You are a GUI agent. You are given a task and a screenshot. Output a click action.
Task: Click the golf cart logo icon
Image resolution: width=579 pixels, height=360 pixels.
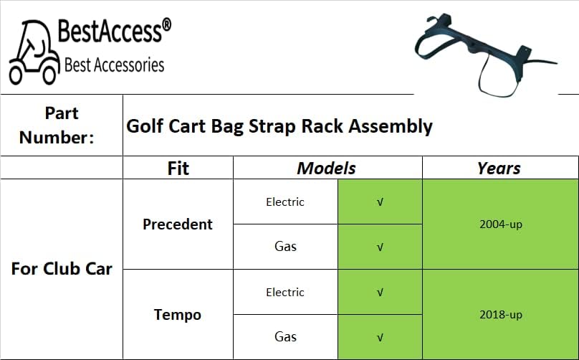coord(34,52)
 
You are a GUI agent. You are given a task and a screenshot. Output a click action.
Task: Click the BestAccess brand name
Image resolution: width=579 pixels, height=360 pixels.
coord(110,31)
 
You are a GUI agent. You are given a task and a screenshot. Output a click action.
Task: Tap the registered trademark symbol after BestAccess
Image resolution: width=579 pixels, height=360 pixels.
coord(166,25)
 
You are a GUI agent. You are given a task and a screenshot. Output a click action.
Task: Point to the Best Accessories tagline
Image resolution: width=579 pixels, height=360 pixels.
coord(114,65)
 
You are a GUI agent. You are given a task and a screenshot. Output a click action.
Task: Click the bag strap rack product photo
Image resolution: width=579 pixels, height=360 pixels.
coord(486,55)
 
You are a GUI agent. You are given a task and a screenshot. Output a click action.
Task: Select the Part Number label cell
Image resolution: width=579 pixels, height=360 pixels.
coord(62,125)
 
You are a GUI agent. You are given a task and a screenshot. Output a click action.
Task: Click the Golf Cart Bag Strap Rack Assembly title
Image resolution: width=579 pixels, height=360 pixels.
coord(279,126)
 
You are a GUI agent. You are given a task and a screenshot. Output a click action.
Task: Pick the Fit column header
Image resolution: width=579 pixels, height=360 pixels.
coord(178,169)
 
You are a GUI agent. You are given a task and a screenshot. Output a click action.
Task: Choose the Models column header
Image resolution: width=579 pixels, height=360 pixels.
coord(327,169)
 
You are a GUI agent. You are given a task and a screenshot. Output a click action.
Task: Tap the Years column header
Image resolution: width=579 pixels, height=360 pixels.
coord(499,169)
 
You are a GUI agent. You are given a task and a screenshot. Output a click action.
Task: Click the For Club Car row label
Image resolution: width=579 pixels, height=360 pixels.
coord(62,269)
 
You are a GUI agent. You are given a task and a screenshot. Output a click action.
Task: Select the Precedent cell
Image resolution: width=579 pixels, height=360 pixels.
coord(178,224)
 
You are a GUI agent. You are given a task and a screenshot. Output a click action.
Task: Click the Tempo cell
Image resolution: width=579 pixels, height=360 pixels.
coord(178,315)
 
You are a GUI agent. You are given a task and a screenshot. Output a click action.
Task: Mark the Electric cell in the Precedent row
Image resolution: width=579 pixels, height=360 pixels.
coord(285,202)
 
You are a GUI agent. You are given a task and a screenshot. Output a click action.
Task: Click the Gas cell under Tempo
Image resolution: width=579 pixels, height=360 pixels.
coord(285,337)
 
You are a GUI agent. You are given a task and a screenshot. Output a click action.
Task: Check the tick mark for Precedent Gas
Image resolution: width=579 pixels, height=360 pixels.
coord(380,247)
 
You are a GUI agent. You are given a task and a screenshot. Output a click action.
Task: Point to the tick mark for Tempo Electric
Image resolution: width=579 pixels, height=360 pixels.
coord(380,293)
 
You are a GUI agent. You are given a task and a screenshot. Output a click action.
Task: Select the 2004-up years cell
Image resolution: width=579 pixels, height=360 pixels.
coord(501,224)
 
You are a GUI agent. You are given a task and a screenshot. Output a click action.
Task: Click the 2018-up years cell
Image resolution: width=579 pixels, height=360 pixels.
coord(501,315)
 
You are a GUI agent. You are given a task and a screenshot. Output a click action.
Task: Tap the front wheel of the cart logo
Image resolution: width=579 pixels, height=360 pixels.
coord(49,75)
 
